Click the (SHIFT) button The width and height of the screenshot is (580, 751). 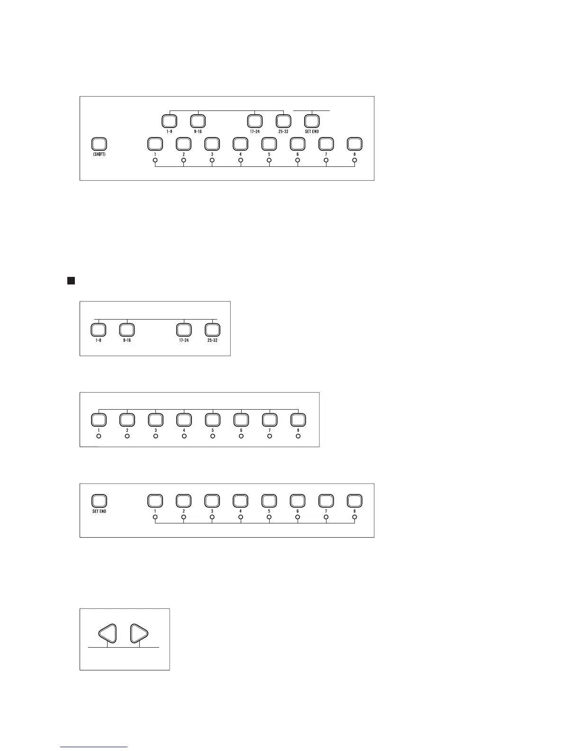coord(99,144)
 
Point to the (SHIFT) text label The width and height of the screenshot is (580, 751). coord(99,155)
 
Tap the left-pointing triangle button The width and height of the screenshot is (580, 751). coord(108,633)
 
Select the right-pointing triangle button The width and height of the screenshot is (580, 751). coord(139,633)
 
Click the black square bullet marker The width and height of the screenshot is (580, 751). coord(71,281)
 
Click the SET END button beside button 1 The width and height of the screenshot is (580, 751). coord(99,501)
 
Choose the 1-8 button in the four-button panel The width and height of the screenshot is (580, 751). coord(98,330)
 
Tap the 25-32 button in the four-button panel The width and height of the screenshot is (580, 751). coord(212,330)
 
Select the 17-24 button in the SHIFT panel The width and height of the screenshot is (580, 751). coord(254,120)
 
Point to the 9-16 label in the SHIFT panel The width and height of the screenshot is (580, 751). coord(198,131)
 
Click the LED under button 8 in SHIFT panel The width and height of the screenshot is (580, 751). coord(354,160)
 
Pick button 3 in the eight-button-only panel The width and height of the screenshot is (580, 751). coord(155,420)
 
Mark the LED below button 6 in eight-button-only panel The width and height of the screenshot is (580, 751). coord(241,436)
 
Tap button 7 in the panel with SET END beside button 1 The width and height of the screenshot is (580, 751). coord(326,501)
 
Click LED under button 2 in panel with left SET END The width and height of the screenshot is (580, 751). coord(184,517)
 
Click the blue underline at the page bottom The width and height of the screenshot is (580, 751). coord(94,747)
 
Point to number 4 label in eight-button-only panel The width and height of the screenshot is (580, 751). coord(184,430)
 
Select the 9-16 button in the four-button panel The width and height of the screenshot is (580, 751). coord(127,330)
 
